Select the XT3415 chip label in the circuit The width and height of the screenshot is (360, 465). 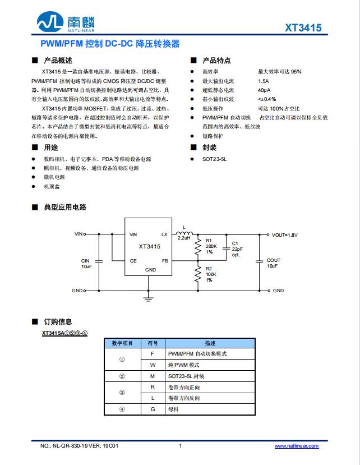[150, 247]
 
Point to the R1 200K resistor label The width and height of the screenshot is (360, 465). [211, 246]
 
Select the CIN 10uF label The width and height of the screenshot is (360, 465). [86, 263]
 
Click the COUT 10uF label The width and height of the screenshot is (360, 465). [274, 263]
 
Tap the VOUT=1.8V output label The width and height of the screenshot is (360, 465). [285, 234]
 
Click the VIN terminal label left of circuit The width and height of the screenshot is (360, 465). [78, 233]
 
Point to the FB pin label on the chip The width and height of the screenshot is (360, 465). [165, 261]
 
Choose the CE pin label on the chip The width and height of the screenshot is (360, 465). [133, 261]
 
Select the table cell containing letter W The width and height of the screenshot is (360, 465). [152, 365]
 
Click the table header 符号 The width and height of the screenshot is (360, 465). [152, 343]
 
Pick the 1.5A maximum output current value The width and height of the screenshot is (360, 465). [264, 81]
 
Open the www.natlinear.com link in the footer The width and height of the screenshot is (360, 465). [296, 446]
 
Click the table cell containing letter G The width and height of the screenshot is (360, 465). [152, 409]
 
